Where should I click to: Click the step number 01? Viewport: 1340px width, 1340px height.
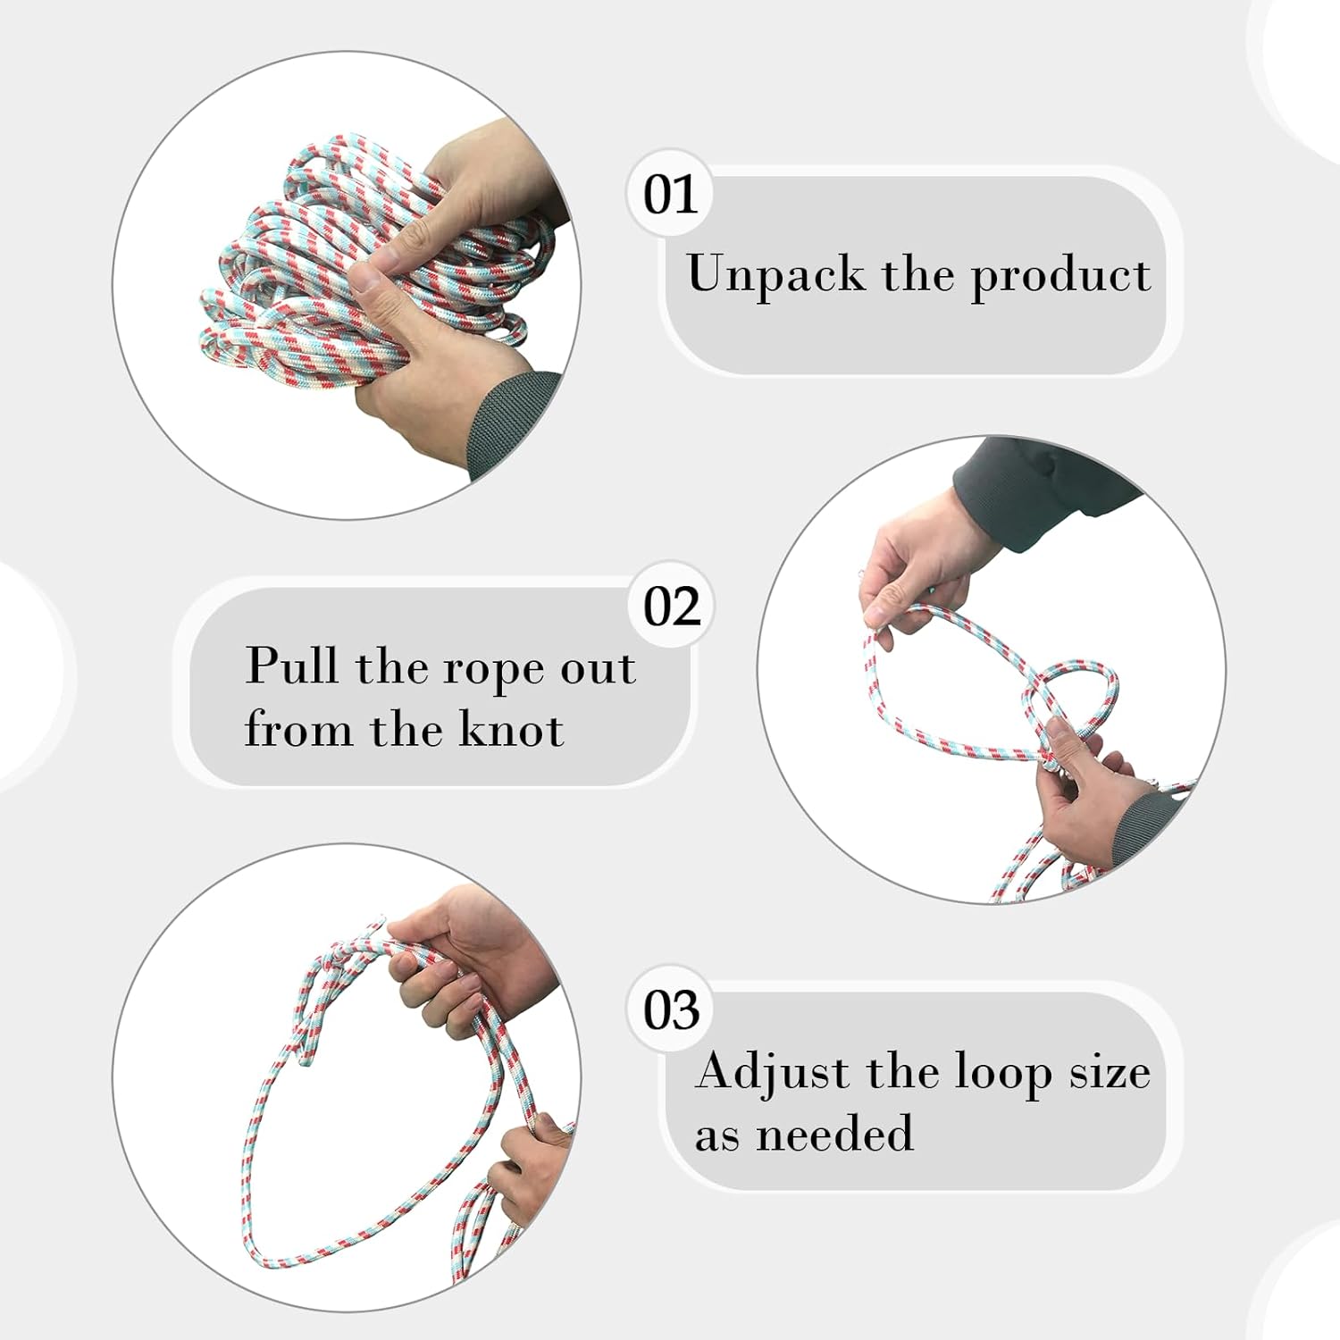[x=670, y=195]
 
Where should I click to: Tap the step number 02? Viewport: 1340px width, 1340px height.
[x=672, y=607]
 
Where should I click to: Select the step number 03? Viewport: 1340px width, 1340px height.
[x=672, y=1011]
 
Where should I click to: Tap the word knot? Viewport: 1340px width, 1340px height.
[x=512, y=729]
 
